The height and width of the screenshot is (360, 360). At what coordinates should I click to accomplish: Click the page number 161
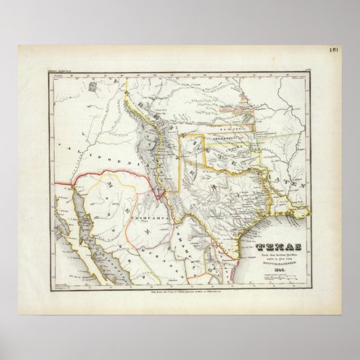tap(334, 50)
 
